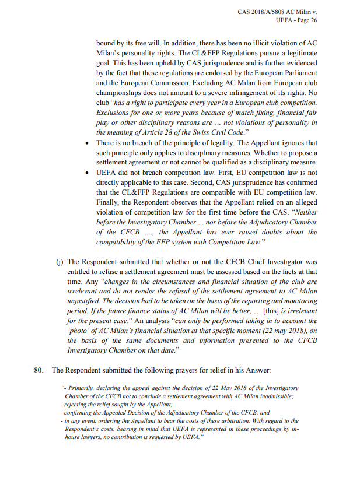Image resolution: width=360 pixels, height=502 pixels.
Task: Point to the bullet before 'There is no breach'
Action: (x=87, y=143)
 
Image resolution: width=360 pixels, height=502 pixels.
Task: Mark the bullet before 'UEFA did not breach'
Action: (x=87, y=173)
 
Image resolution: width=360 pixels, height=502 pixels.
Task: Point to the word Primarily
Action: (x=82, y=388)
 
